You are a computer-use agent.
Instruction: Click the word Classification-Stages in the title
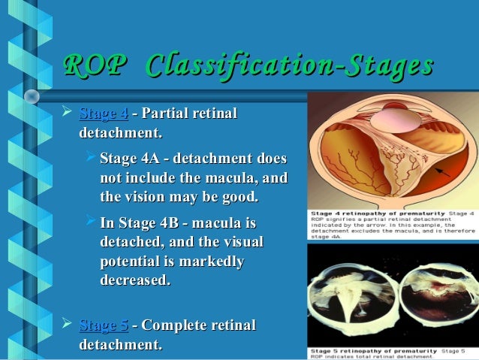point(290,66)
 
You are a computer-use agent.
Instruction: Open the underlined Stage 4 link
point(104,114)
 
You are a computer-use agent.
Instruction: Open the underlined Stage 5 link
point(104,325)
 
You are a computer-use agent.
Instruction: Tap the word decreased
point(134,280)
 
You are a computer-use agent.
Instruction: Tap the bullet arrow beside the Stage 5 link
point(68,325)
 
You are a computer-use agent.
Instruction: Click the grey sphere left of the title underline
point(32,96)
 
